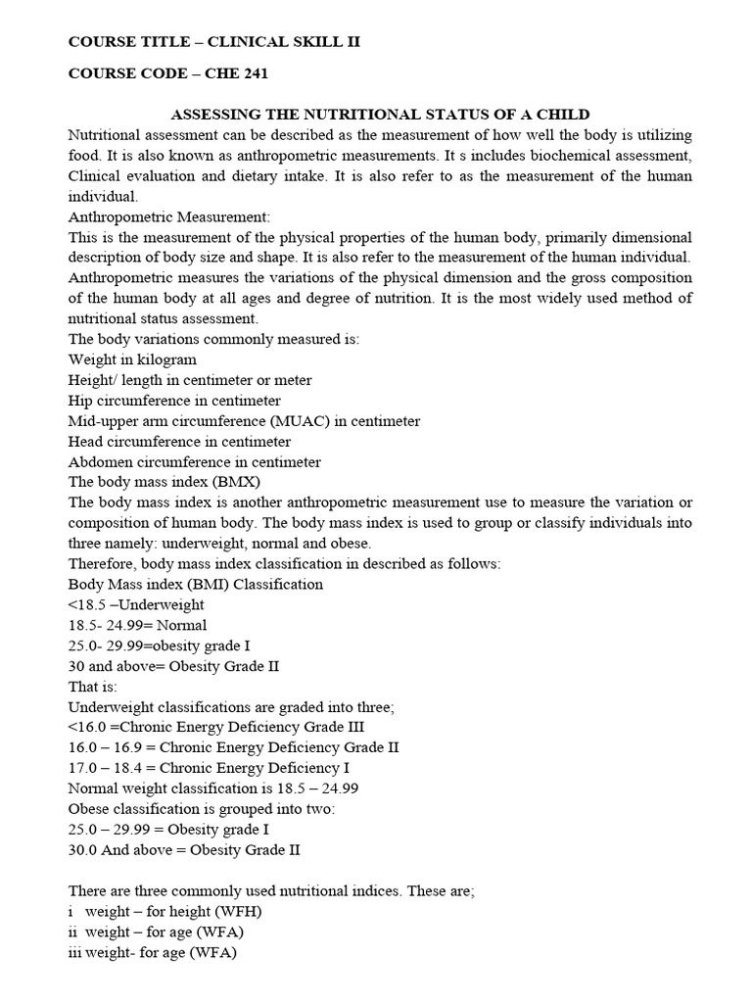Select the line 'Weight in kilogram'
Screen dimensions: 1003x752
132,359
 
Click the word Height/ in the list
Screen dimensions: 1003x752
95,380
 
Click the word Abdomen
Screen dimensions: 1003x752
99,461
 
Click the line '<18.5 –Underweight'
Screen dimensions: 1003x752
137,604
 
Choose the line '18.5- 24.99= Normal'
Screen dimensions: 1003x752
138,625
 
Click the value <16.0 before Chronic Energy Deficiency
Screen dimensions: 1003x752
89,727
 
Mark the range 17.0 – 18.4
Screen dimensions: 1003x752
111,768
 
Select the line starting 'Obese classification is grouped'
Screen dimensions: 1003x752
201,808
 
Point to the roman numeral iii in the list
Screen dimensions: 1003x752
75,952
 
